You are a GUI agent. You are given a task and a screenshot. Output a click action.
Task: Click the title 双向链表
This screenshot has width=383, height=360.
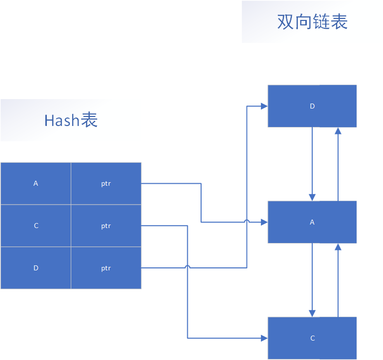pyautogui.click(x=312, y=22)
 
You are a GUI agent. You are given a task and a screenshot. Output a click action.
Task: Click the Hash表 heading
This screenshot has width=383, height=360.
pyautogui.click(x=71, y=120)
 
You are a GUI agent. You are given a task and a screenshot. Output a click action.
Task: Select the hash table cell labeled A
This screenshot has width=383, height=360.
pyautogui.click(x=36, y=183)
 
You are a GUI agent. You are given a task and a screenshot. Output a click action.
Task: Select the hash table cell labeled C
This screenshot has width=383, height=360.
pyautogui.click(x=36, y=226)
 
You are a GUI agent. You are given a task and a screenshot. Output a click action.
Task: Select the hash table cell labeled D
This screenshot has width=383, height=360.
pyautogui.click(x=36, y=268)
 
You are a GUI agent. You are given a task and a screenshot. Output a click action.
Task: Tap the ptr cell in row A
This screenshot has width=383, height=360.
pyautogui.click(x=106, y=183)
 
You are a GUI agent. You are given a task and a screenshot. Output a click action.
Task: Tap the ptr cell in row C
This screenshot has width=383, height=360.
pyautogui.click(x=106, y=226)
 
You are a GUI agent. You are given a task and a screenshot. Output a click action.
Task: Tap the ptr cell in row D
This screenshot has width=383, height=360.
pyautogui.click(x=106, y=268)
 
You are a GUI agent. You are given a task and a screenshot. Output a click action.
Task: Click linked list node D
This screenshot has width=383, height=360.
pyautogui.click(x=312, y=106)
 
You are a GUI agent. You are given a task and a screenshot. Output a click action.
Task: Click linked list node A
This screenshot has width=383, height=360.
pyautogui.click(x=312, y=222)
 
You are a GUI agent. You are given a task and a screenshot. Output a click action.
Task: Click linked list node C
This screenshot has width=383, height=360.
pyautogui.click(x=312, y=338)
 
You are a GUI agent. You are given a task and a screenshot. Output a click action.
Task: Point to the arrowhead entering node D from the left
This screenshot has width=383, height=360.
pyautogui.click(x=264, y=106)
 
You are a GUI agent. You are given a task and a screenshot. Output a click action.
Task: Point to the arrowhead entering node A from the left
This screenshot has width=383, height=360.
pyautogui.click(x=264, y=222)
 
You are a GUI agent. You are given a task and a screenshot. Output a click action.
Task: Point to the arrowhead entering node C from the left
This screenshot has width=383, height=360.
pyautogui.click(x=264, y=338)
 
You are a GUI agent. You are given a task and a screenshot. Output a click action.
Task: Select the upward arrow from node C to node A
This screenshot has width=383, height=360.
pyautogui.click(x=338, y=279)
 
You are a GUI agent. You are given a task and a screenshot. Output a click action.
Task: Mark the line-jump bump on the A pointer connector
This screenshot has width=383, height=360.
pyautogui.click(x=247, y=222)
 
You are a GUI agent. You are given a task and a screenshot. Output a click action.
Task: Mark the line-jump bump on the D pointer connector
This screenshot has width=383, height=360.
pyautogui.click(x=188, y=268)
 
